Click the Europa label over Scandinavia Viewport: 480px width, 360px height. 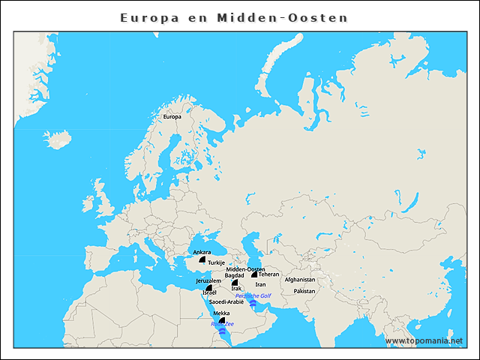172,117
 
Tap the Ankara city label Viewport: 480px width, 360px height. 202,252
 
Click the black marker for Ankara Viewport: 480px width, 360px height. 202,259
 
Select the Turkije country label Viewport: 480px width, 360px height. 216,263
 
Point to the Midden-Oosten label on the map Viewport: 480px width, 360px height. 245,269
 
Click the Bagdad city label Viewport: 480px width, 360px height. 235,275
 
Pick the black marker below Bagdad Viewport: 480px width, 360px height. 235,283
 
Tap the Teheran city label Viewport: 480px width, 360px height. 268,274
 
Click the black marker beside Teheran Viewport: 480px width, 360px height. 255,275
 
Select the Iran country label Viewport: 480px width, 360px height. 260,285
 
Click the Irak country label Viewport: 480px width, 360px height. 236,289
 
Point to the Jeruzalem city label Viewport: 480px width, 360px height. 208,280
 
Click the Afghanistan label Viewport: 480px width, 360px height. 300,280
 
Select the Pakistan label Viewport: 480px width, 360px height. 304,291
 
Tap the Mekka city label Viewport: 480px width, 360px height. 221,313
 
